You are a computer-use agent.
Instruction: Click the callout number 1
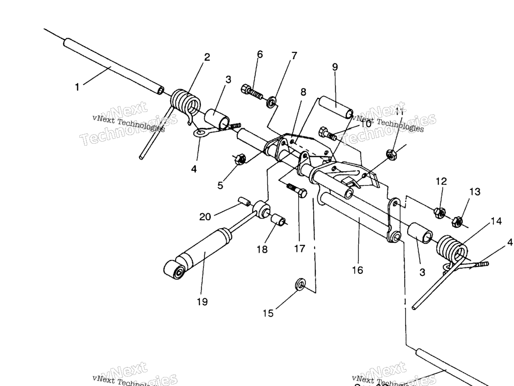click(x=77, y=87)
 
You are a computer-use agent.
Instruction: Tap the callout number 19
click(x=202, y=302)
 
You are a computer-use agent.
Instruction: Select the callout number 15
click(x=268, y=313)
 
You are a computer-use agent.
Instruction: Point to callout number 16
click(x=357, y=270)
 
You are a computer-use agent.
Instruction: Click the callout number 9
click(x=335, y=66)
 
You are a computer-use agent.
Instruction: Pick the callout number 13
click(x=474, y=191)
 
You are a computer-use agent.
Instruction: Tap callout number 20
click(x=205, y=217)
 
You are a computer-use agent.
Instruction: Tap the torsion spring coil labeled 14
click(x=452, y=249)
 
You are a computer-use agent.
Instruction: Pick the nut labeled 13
click(x=457, y=220)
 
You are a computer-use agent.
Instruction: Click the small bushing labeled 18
click(x=279, y=221)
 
